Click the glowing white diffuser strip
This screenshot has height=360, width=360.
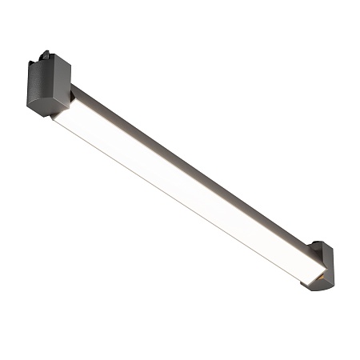[184, 192]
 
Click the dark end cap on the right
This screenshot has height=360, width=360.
[324, 264]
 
